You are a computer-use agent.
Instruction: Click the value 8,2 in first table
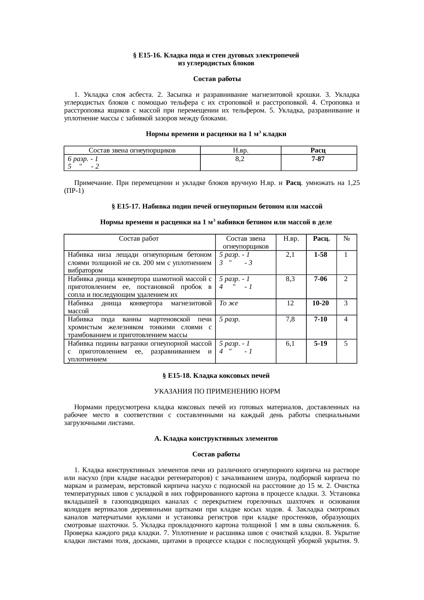tap(240, 159)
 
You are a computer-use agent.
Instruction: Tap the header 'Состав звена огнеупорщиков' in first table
tap(132, 150)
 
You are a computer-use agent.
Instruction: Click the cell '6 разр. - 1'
tap(83, 159)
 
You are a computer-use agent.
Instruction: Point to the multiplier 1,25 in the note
tap(353, 183)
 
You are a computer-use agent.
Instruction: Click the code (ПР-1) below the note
tap(74, 191)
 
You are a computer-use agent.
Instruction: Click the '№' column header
tap(346, 238)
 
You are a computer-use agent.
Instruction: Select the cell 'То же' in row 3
tap(228, 303)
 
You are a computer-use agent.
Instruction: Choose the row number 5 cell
tap(346, 343)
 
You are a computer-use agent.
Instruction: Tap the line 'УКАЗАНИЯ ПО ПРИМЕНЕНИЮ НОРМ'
tap(217, 391)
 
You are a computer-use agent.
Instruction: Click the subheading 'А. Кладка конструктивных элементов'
tap(216, 438)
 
